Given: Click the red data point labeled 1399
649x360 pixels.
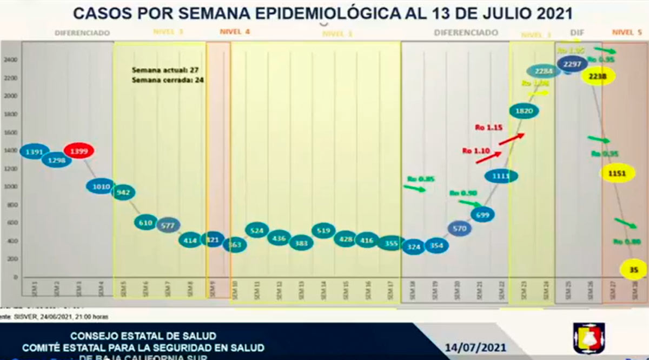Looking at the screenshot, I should (79, 151).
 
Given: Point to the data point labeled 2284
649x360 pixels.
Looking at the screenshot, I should (544, 71).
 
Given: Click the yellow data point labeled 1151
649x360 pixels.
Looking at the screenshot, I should (617, 174).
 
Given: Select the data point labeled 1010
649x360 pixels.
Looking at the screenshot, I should (101, 186).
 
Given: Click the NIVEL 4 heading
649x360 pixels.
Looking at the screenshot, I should (235, 32).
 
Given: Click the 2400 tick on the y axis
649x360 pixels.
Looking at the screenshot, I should (10, 59).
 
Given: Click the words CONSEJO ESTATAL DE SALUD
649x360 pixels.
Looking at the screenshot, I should (143, 336).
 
